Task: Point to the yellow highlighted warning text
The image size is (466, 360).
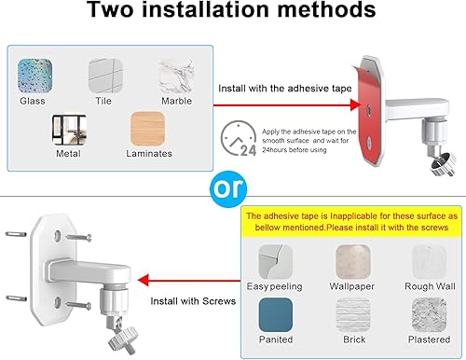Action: click(347, 226)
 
